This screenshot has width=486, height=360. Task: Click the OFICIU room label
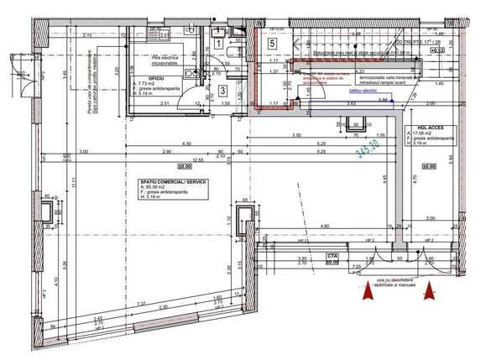pos(146,77)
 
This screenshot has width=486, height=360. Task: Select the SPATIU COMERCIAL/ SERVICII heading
pos(173,181)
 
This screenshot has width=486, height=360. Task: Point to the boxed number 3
pos(222,89)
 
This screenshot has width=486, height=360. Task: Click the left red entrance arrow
pos(367,291)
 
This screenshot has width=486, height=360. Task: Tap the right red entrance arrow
pos(431,291)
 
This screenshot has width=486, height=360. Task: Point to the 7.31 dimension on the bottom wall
pos(142,303)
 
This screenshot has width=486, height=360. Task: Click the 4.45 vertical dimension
pos(384,178)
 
